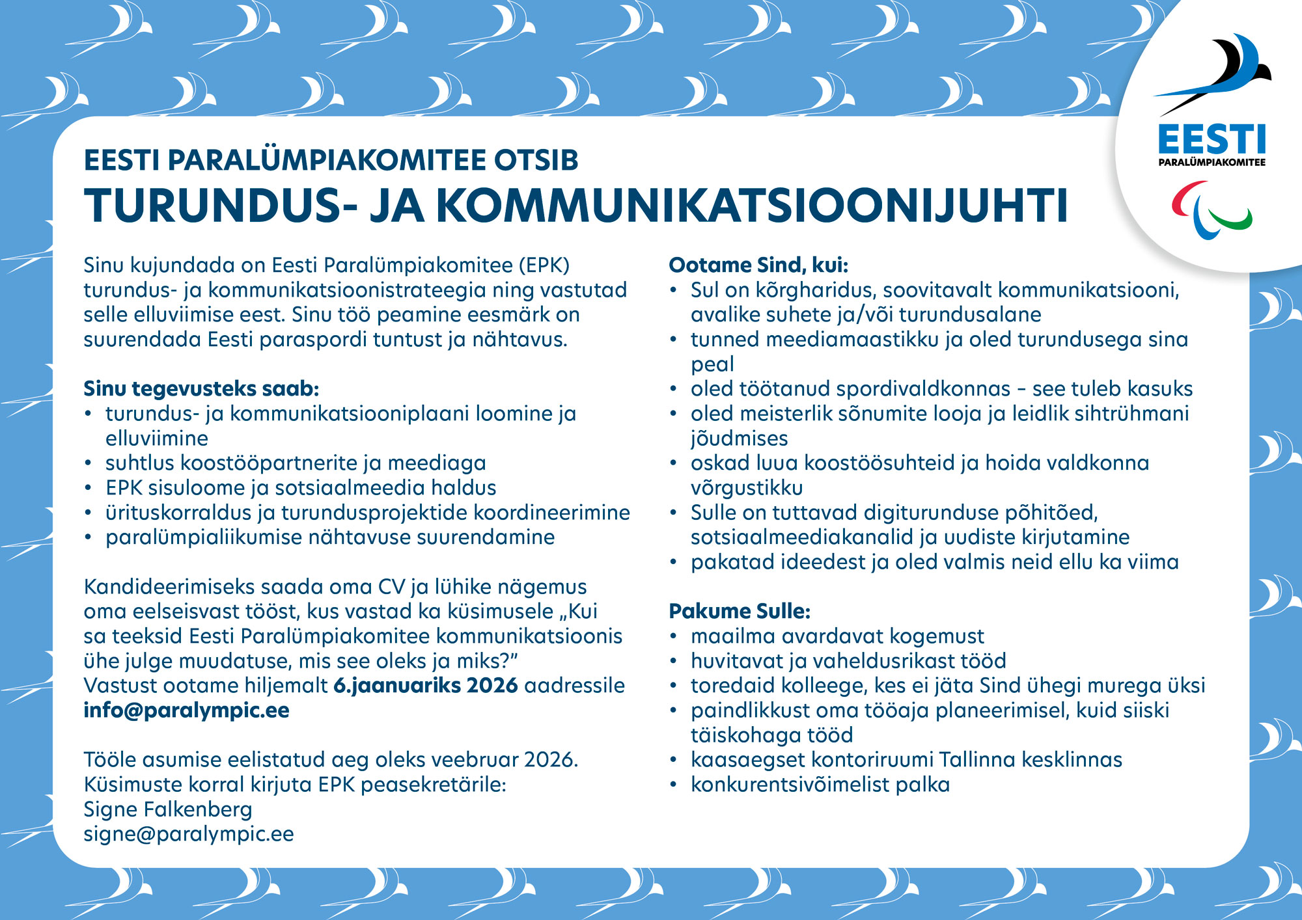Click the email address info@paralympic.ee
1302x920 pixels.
pos(186,710)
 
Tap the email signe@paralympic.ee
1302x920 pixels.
pos(189,834)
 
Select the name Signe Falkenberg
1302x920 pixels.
pos(168,809)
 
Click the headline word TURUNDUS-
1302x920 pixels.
pos(221,206)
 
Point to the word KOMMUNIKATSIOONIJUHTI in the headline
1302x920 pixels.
pos(752,206)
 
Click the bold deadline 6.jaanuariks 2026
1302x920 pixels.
pos(426,686)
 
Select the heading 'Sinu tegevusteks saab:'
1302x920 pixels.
pos(201,389)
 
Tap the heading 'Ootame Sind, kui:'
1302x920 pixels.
pos(758,265)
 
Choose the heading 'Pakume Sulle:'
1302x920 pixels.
pos(740,612)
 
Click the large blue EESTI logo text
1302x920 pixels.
pos(1212,140)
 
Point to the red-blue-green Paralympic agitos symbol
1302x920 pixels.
pos(1212,210)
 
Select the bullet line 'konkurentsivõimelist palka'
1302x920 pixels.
pos(820,785)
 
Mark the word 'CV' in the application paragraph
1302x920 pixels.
pos(392,587)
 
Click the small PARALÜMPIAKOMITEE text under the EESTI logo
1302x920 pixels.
pos(1212,163)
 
